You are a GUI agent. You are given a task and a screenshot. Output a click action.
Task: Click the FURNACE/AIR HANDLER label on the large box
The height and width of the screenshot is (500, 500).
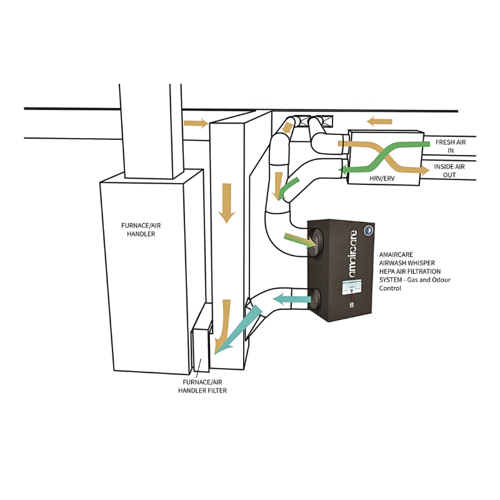pos(141,229)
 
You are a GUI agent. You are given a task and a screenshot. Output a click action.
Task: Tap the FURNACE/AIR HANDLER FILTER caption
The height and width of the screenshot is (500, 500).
pos(202,386)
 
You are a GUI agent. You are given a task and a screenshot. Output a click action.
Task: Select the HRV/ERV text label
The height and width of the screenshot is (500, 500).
pos(382,178)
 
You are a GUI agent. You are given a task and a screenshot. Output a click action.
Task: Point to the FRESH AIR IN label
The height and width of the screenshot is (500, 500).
pos(451,146)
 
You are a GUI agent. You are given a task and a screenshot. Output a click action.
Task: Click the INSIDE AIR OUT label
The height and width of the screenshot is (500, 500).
pos(449,171)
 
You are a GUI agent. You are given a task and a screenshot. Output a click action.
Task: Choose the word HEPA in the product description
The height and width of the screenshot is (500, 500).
pos(387,271)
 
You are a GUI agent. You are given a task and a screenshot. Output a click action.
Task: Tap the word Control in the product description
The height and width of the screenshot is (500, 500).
pos(390,288)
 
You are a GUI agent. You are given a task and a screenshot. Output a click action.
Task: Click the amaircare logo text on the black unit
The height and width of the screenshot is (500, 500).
pos(352,254)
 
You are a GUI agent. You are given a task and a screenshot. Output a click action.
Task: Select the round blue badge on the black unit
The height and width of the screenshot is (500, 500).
pos(369,231)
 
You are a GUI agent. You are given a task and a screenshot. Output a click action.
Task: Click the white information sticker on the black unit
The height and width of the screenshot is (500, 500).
pos(352,287)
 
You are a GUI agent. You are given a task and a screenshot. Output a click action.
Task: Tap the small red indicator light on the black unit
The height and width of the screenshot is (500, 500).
pos(352,298)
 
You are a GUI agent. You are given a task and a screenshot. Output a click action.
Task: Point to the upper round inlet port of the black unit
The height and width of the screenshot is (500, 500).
pos(316,242)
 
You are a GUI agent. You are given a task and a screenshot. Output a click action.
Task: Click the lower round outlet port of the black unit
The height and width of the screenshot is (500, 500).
pos(316,299)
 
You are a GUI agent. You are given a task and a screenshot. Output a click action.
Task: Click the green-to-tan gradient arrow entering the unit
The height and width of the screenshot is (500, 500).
pos(300,241)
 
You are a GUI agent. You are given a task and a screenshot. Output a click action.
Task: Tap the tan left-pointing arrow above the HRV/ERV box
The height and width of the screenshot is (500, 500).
pos(379,121)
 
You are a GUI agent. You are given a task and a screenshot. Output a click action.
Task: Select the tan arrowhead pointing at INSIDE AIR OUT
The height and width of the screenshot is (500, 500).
pos(426,171)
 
